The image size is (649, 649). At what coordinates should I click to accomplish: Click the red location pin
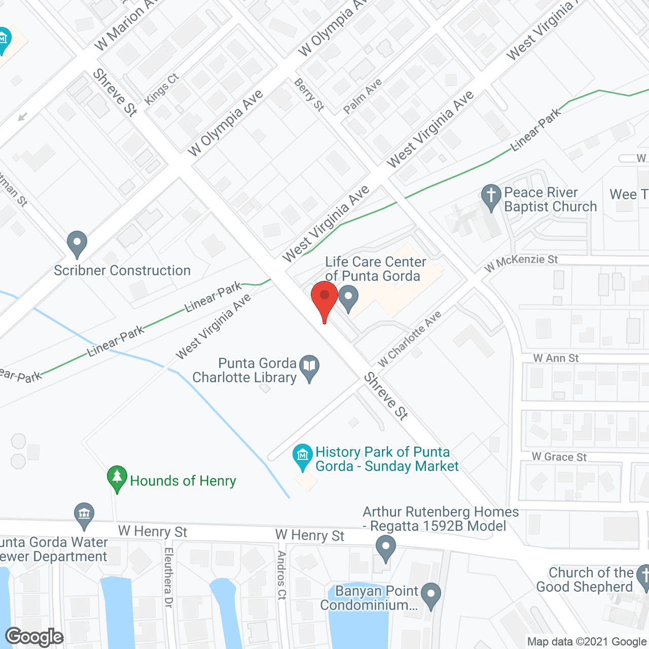[324, 299]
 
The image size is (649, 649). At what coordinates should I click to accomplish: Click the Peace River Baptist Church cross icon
[490, 197]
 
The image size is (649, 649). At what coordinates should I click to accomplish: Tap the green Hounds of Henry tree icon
[117, 478]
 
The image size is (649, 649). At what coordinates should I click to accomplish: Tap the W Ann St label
[556, 358]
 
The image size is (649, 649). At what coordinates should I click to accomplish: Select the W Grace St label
[559, 457]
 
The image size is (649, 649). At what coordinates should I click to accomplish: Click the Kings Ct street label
[162, 89]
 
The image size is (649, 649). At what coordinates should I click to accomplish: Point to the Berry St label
[309, 94]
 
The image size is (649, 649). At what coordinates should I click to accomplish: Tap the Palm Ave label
[363, 96]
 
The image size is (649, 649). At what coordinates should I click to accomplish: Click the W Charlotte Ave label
[410, 339]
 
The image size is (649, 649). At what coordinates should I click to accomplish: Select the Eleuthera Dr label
[168, 577]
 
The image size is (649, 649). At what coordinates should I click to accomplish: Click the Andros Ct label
[282, 575]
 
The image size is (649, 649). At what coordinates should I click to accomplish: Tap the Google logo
[34, 637]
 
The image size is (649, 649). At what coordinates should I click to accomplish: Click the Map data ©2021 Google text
[587, 641]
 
